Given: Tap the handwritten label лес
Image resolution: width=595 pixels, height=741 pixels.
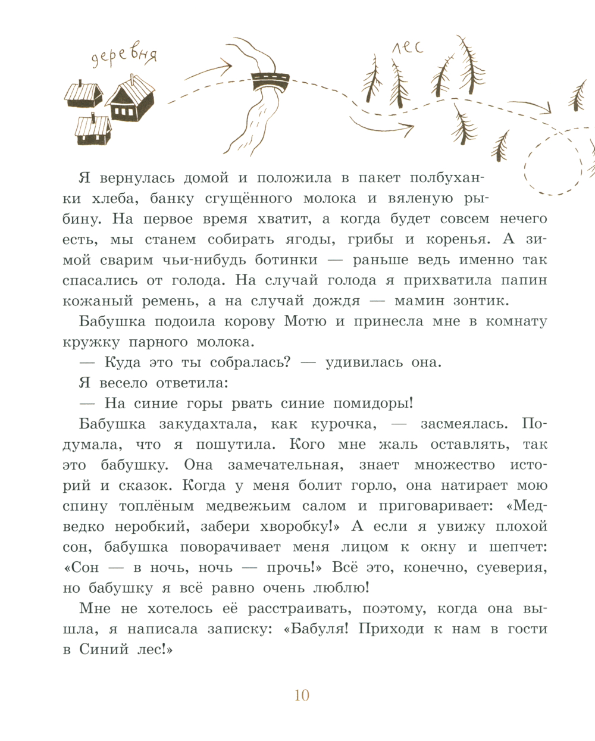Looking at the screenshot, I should (x=408, y=46).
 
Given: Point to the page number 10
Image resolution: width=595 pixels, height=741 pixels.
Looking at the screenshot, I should (x=302, y=695).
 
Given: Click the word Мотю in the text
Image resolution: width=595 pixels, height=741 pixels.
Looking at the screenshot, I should (x=305, y=321).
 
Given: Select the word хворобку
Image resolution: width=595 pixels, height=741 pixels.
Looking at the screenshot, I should (x=299, y=527).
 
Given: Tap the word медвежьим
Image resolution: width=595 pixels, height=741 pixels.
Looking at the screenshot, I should (x=248, y=506).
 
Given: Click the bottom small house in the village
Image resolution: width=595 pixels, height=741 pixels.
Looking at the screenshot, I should (x=93, y=130).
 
